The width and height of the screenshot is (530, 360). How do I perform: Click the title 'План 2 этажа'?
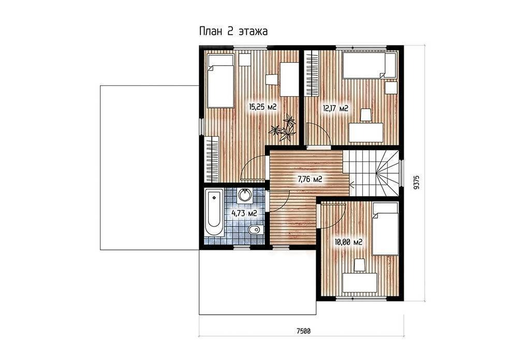click(x=233, y=32)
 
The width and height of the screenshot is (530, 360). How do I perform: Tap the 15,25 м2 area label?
click(x=263, y=107)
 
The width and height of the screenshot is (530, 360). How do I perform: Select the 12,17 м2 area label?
click(x=335, y=109)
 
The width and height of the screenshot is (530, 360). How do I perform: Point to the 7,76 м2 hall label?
click(x=310, y=179)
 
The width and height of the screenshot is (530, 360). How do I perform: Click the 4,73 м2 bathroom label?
click(x=244, y=213)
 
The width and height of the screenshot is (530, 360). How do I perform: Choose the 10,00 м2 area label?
click(x=348, y=242)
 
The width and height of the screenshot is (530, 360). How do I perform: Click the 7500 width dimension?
click(x=303, y=331)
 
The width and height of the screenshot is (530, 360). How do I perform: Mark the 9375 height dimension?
click(x=417, y=182)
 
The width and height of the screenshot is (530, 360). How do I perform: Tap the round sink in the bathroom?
click(x=244, y=195)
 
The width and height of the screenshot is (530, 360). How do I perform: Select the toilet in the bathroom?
click(x=256, y=230)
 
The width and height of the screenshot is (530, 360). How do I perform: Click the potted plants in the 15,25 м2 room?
click(x=284, y=128)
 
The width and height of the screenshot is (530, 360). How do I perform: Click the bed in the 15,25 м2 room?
click(x=220, y=81)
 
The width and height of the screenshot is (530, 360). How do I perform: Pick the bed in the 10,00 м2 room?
click(x=385, y=229)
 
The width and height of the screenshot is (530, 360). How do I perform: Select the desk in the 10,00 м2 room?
click(x=360, y=283)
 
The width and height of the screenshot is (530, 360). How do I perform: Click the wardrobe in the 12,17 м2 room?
click(x=312, y=73)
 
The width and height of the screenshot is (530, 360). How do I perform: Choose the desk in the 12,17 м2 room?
click(x=366, y=132)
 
